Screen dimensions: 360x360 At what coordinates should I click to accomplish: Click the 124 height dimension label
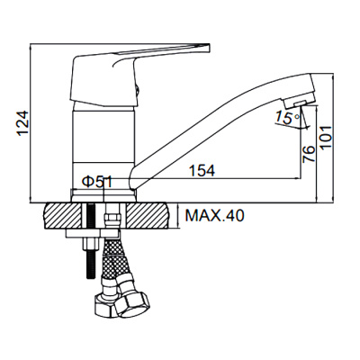tap(23, 124)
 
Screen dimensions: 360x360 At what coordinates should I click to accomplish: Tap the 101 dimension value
tap(326, 137)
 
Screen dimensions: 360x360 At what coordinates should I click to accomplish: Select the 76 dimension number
tap(309, 154)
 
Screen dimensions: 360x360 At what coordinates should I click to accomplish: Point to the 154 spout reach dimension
tap(202, 171)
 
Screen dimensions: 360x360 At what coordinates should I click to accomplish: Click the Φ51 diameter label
tap(97, 182)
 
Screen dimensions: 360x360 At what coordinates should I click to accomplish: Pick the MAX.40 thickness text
tap(215, 215)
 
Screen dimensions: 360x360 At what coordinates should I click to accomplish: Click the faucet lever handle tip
tap(208, 49)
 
